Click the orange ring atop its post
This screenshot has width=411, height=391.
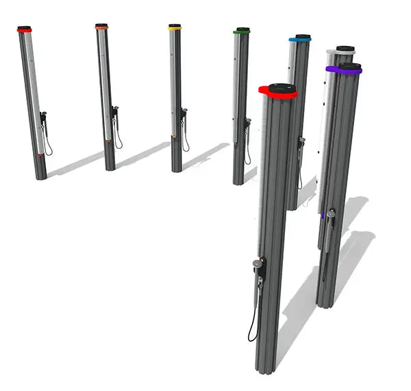[101, 27]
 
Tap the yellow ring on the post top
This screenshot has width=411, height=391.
[175, 28]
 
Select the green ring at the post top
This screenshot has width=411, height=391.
[241, 32]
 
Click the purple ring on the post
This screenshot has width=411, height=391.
[344, 71]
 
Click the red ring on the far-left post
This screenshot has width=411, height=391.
[25, 31]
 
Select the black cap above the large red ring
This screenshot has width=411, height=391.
[282, 87]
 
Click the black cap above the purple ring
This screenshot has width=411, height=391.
[350, 66]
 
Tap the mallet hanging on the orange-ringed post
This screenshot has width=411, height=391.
[114, 113]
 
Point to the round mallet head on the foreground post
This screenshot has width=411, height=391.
[257, 263]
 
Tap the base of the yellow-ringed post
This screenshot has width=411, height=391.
[177, 167]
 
